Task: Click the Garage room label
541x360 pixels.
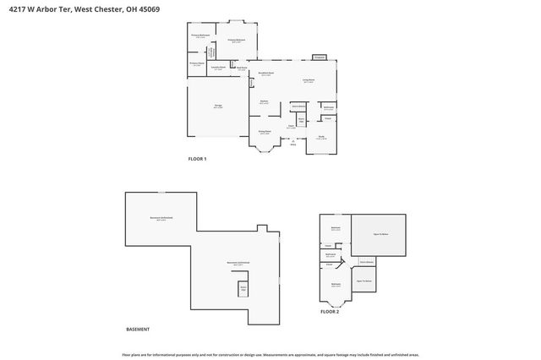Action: coord(217,106)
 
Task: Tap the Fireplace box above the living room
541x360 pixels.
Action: coord(319,57)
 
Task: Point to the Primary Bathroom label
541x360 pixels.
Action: coord(199,35)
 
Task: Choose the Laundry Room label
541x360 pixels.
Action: coord(217,68)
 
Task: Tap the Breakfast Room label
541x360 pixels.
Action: coord(264,74)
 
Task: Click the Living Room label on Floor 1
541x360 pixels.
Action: coord(309,81)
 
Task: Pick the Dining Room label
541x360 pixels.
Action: coord(264,133)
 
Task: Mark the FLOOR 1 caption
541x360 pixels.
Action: coord(196,159)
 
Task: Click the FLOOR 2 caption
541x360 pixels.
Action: coord(329,312)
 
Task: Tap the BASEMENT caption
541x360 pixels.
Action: coord(138,328)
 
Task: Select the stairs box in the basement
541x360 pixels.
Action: coord(243,289)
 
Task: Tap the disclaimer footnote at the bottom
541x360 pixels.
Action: coord(270,354)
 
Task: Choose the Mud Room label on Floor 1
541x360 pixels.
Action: coord(241,68)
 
